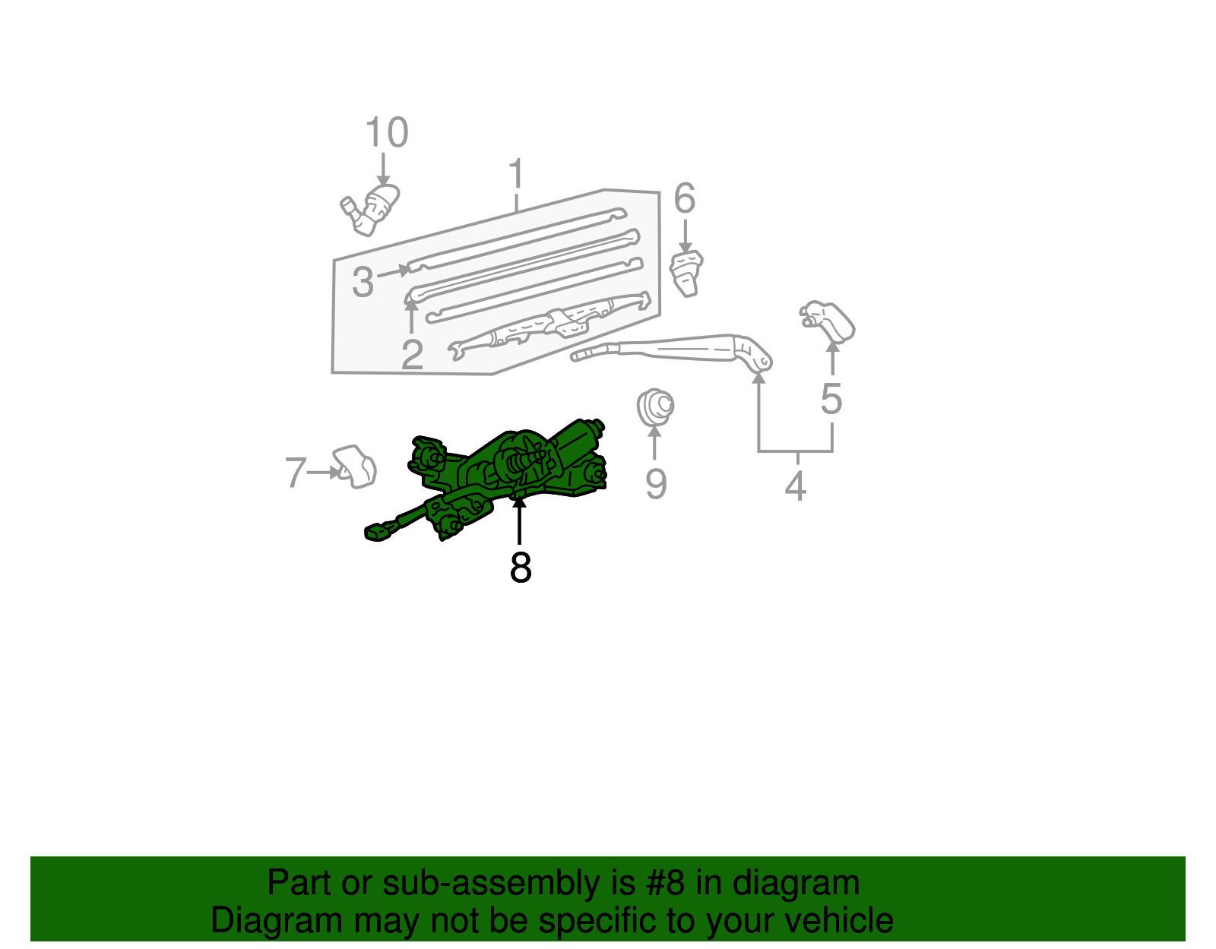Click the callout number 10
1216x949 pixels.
click(387, 133)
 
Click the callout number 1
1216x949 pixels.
click(516, 174)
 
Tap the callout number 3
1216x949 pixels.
click(363, 282)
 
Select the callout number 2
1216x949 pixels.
click(412, 354)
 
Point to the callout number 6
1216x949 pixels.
click(684, 199)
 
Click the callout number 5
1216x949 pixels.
click(831, 399)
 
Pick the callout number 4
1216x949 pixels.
click(795, 486)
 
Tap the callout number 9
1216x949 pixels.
click(656, 483)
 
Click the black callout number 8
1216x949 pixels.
click(521, 567)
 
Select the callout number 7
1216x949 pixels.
click(295, 472)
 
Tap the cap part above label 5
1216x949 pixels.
click(829, 321)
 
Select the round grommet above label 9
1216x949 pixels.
click(655, 406)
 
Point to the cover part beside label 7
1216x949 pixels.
click(355, 466)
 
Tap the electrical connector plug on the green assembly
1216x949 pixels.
click(378, 532)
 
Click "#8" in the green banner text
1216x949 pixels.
click(666, 884)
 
